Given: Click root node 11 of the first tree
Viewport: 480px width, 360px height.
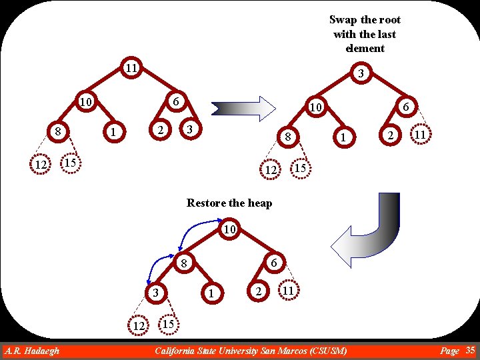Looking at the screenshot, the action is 131,67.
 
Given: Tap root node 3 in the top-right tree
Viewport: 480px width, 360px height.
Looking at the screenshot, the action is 360,73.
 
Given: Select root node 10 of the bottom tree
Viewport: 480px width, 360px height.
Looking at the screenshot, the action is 229,230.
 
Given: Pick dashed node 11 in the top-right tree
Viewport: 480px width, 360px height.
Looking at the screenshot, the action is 420,135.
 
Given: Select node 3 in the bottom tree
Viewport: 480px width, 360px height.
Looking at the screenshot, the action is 154,293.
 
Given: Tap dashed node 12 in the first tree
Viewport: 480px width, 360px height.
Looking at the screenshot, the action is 41,165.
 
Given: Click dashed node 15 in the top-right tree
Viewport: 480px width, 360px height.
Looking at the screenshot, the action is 301,168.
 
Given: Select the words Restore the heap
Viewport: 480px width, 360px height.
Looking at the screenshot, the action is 229,203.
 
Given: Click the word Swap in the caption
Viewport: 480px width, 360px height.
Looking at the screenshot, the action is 343,20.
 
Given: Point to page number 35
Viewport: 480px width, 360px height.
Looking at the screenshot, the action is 470,350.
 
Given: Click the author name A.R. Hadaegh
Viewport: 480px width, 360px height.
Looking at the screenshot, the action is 31,351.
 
